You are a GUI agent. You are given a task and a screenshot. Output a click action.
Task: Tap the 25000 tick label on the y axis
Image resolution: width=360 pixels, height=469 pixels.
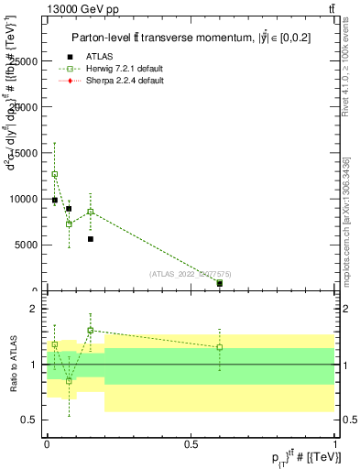click(23, 60)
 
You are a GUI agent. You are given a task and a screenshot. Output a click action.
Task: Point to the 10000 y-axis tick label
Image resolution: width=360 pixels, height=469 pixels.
click(23, 199)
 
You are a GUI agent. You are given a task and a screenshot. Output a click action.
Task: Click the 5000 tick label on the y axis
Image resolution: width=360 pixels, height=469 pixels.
click(26, 245)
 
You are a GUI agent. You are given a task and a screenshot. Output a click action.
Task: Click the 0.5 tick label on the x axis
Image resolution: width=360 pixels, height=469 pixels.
click(191, 443)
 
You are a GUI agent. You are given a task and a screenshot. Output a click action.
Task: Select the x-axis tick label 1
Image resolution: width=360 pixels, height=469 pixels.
click(335, 443)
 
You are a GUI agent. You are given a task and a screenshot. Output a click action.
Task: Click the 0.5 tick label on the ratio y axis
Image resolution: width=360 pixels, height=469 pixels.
click(29, 420)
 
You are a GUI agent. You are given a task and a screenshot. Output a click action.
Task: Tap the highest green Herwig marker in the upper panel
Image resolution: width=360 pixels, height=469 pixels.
click(55, 174)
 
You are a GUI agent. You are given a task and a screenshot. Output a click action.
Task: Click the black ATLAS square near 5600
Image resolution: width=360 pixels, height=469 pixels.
click(91, 239)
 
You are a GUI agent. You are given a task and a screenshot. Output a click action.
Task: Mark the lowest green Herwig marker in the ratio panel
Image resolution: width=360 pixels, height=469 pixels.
click(69, 380)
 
